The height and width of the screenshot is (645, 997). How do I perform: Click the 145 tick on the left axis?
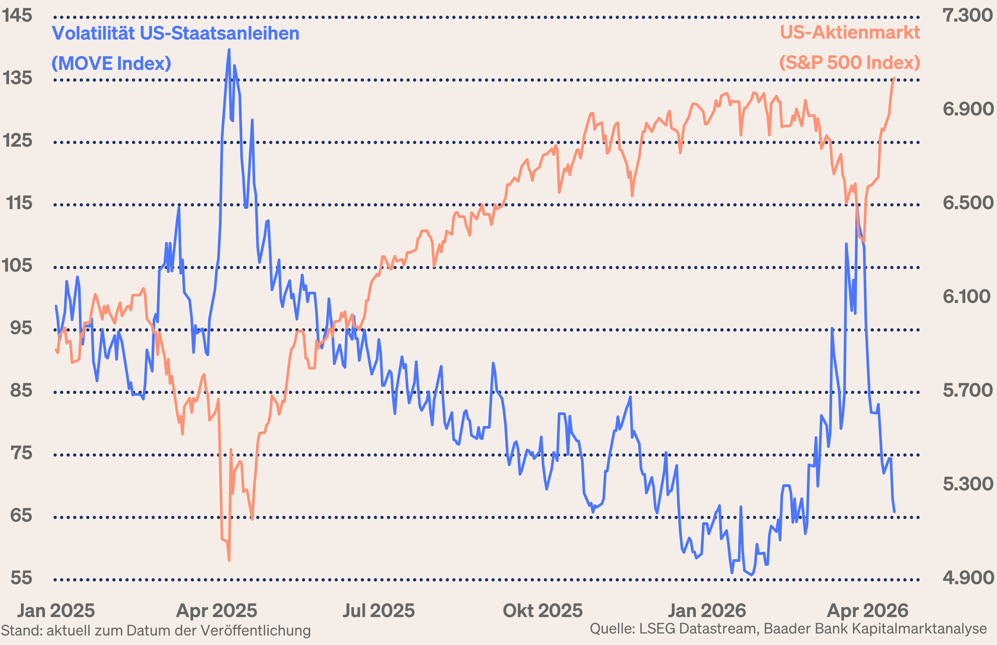(17, 16)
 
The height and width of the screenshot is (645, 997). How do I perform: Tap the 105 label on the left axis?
(17, 265)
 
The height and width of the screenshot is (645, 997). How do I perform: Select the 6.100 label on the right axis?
(966, 297)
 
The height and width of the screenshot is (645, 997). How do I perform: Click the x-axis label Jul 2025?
(378, 611)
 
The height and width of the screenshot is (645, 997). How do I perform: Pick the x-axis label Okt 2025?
(542, 611)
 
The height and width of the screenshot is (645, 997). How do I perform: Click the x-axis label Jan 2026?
(707, 611)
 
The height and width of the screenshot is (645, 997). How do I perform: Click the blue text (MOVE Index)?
(111, 63)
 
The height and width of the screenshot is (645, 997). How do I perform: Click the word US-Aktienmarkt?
(850, 33)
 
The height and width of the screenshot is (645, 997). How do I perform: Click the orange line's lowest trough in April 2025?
(229, 560)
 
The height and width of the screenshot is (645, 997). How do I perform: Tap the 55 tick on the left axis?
(21, 578)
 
